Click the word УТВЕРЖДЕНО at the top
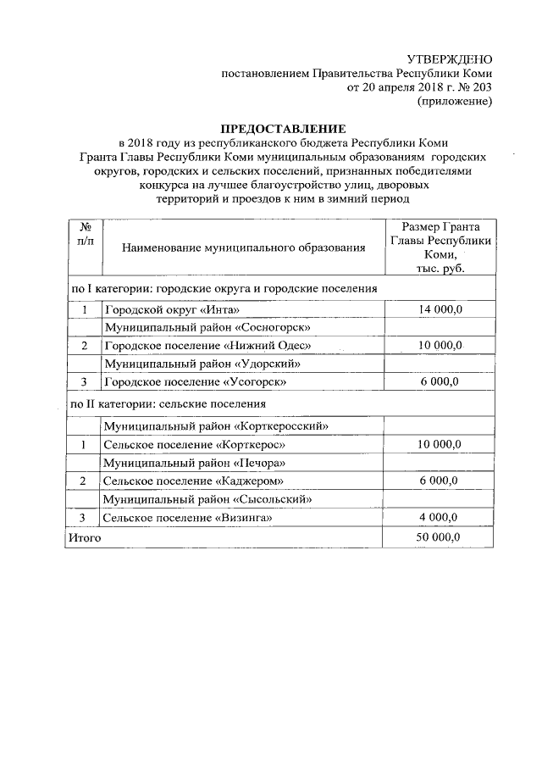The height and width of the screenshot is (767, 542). (449, 58)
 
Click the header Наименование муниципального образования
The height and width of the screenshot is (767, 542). (243, 247)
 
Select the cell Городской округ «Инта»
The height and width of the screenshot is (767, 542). (166, 309)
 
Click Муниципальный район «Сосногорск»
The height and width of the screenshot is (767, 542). (202, 327)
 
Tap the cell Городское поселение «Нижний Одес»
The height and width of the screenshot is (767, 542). (207, 346)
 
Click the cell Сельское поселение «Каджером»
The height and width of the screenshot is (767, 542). (191, 481)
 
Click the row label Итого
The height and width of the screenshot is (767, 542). (85, 537)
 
